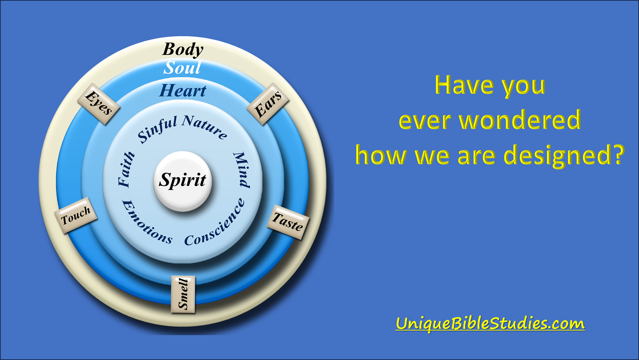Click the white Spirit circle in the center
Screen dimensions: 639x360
tap(183, 181)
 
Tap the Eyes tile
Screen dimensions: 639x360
tap(99, 104)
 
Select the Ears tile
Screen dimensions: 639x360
tap(268, 104)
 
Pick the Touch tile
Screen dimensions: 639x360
tap(76, 216)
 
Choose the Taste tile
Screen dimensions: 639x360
tap(288, 222)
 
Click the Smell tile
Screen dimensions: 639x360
tap(183, 294)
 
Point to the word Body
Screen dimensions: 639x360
tap(183, 49)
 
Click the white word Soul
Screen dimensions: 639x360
tap(182, 68)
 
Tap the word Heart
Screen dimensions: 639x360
tap(183, 90)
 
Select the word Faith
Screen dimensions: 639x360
tap(126, 169)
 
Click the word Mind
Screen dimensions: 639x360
tap(241, 169)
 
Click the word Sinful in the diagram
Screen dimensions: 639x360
tap(157, 130)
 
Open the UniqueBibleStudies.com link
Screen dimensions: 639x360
tap(490, 323)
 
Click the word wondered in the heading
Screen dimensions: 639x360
tap(520, 120)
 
